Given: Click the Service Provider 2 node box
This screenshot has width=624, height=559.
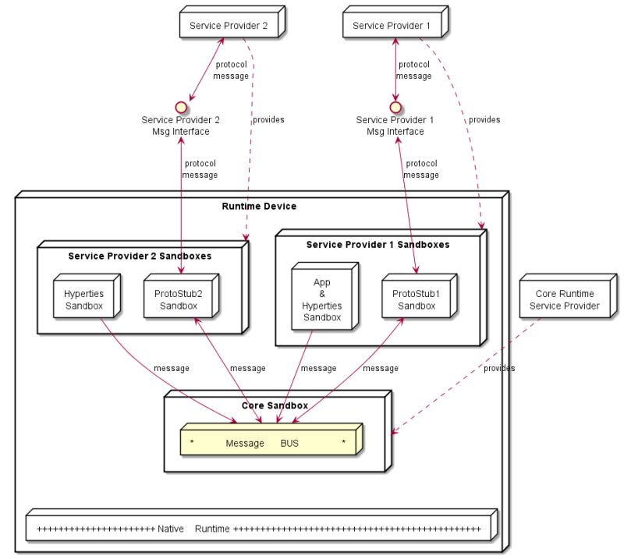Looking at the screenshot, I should point(231,26).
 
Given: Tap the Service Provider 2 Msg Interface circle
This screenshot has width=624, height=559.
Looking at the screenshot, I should point(181,106).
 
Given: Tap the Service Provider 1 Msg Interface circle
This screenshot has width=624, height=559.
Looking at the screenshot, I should point(395,106).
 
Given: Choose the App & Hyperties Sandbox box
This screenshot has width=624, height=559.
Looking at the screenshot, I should point(321,299).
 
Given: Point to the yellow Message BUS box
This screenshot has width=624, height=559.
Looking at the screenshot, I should point(269,443).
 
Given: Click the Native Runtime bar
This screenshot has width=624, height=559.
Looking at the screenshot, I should point(258,529).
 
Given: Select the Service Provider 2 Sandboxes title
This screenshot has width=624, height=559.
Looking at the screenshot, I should point(140,256).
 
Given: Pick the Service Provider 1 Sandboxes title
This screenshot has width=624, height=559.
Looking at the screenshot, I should point(378,244).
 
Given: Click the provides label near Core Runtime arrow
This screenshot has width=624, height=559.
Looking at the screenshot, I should point(499,368).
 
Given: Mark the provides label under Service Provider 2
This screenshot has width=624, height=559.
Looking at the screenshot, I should point(268,120).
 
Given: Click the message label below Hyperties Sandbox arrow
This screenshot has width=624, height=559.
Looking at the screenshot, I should point(172,368).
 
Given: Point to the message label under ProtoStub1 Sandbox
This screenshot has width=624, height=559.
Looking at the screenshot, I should point(381,368).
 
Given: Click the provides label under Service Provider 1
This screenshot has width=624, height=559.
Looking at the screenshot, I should point(484,120).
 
